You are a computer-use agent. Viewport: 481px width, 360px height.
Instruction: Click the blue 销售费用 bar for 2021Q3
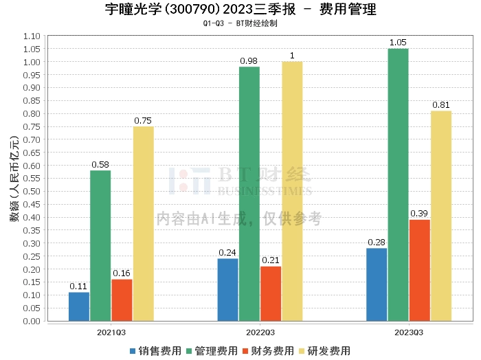click(79, 306)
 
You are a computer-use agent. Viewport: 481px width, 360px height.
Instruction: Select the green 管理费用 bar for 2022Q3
click(249, 194)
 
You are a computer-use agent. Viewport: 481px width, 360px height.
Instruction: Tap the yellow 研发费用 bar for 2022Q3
click(292, 191)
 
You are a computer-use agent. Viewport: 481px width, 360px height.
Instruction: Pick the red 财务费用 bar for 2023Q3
click(419, 270)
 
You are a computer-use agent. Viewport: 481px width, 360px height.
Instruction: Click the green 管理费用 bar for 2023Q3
click(398, 185)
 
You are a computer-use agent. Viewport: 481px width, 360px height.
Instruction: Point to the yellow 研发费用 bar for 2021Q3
click(143, 223)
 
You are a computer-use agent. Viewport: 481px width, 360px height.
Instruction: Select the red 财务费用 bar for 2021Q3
click(122, 300)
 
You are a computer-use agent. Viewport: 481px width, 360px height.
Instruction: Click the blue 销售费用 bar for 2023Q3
click(377, 284)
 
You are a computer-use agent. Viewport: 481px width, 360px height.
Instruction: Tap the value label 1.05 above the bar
click(398, 43)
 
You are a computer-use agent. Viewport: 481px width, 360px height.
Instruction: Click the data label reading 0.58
click(100, 164)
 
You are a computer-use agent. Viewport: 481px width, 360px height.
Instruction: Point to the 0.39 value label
click(419, 214)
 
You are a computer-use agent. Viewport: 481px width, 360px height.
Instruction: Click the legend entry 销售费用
click(155, 351)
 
